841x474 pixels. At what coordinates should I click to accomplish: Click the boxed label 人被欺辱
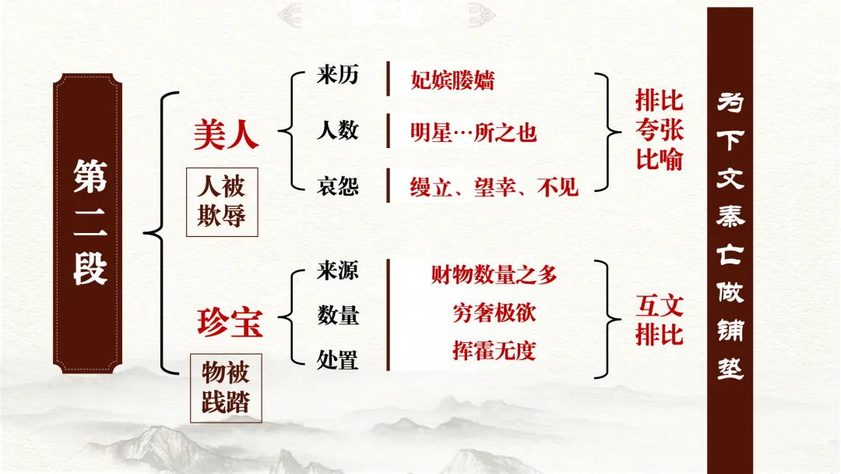(221, 200)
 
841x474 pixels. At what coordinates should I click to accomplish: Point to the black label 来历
(337, 76)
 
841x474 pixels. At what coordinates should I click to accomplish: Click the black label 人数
(337, 130)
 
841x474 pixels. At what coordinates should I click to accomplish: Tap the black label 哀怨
(337, 186)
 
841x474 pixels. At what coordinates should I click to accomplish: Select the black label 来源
(337, 271)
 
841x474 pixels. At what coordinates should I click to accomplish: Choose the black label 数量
(337, 315)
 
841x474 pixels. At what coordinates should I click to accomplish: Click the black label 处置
(337, 359)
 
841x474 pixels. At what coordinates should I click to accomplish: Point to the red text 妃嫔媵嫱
(452, 80)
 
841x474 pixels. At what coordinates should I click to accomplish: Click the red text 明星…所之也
(473, 132)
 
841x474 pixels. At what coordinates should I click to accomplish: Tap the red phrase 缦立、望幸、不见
(494, 186)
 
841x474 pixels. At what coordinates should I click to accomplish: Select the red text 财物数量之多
(494, 274)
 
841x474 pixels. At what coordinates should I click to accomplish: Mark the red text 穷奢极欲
(494, 313)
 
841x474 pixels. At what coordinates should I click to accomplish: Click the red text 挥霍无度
(494, 350)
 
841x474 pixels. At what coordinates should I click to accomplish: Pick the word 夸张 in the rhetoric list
(659, 129)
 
